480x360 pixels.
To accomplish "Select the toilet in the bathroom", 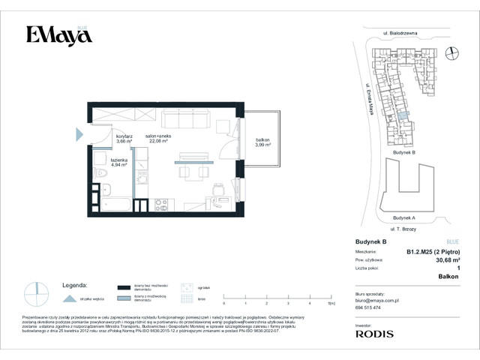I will pos(106,190).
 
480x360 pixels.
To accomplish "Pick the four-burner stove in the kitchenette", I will pos(160,202).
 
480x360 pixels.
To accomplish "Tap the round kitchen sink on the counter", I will pos(142,202).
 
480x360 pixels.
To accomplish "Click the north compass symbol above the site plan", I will pos(452,52).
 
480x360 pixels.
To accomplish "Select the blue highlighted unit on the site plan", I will pos(403,116).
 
